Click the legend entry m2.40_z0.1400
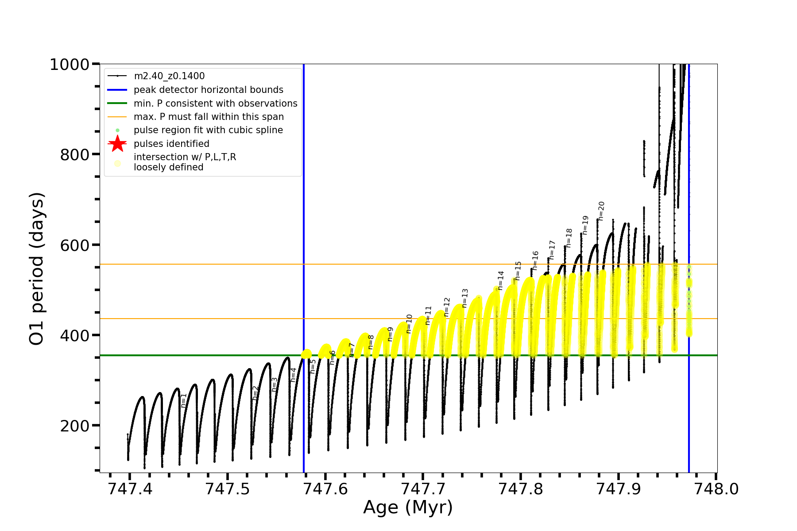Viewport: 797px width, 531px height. [x=169, y=76]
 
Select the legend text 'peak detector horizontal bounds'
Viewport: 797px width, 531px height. [x=208, y=90]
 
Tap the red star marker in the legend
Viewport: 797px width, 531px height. [x=117, y=144]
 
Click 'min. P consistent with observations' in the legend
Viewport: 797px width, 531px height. [x=215, y=104]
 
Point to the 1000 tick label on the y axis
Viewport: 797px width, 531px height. [x=70, y=65]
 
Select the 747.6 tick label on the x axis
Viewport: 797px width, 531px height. [x=325, y=489]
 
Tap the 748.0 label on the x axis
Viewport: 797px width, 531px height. [x=716, y=489]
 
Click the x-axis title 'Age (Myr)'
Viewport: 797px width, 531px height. [x=408, y=507]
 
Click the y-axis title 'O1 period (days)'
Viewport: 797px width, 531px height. [x=37, y=269]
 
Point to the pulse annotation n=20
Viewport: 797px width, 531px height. [x=601, y=211]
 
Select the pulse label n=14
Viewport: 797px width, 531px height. [x=501, y=281]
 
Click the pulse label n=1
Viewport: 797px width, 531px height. [x=184, y=400]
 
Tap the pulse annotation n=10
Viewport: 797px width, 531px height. [x=409, y=324]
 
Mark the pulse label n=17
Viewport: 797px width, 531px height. [x=552, y=250]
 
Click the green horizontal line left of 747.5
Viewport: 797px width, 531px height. [x=177, y=355]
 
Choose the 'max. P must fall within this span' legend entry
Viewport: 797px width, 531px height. [x=209, y=117]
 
